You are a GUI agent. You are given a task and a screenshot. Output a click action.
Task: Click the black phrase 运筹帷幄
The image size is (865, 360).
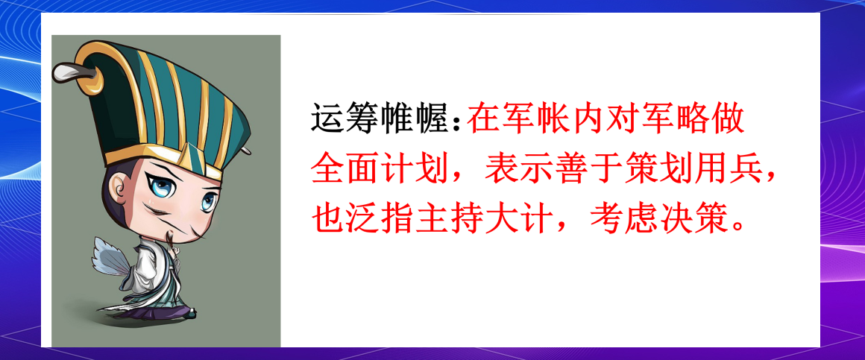(x=384, y=120)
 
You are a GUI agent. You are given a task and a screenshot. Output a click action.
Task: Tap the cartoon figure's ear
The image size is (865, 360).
(x=118, y=195)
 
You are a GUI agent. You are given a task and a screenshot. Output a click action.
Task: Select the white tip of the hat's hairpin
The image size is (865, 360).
(x=64, y=72)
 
